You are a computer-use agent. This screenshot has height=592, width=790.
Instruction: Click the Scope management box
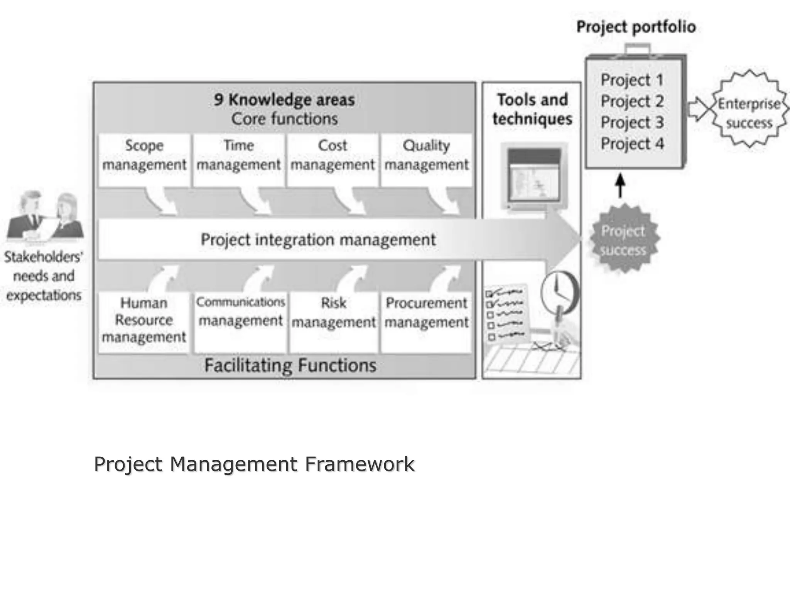(x=144, y=160)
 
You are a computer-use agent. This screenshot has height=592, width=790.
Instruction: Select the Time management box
(x=238, y=160)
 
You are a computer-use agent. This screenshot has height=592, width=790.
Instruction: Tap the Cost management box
(x=333, y=160)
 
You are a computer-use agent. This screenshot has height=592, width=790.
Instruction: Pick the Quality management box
(x=426, y=160)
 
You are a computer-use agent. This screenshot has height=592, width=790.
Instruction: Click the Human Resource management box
(x=144, y=322)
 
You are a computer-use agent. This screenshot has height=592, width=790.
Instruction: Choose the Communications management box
(x=240, y=322)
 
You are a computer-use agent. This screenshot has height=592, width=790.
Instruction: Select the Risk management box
(x=334, y=322)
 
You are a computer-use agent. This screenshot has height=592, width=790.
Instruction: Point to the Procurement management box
(x=426, y=322)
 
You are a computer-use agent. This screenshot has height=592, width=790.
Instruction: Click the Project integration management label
(x=318, y=240)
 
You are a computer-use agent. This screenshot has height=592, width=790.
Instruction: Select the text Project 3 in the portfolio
(x=632, y=123)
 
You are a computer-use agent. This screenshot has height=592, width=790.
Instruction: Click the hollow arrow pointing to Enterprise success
(x=697, y=109)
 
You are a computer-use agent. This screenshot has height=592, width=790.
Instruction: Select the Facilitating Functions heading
(x=290, y=365)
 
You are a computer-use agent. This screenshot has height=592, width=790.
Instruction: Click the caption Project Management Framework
(x=254, y=464)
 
